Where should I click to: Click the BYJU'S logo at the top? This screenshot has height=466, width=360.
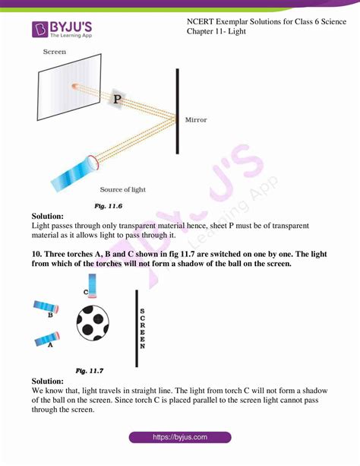[63, 30]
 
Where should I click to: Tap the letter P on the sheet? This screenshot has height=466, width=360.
[117, 99]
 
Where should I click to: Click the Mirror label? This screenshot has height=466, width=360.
[196, 119]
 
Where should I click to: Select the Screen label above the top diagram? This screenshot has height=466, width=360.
[55, 52]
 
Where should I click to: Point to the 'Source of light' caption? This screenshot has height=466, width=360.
[123, 189]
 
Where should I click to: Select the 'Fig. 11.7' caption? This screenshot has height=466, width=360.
[90, 370]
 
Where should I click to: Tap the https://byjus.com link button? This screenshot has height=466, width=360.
[180, 438]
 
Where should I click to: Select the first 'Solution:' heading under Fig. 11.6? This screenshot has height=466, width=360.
[48, 217]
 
